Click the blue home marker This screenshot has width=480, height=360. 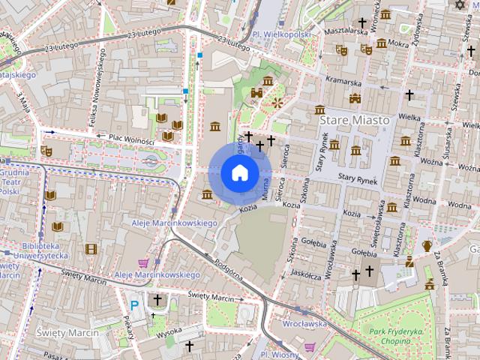[x=239, y=173]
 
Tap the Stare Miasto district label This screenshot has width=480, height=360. [x=355, y=120]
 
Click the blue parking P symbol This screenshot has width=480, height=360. [x=135, y=304]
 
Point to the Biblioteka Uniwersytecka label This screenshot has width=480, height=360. [x=41, y=250]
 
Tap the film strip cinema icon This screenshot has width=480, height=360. [x=91, y=249]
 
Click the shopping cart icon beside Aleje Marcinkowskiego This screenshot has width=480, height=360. [x=142, y=262]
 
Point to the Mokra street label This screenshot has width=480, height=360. [x=398, y=43]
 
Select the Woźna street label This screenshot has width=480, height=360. [x=430, y=160]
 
